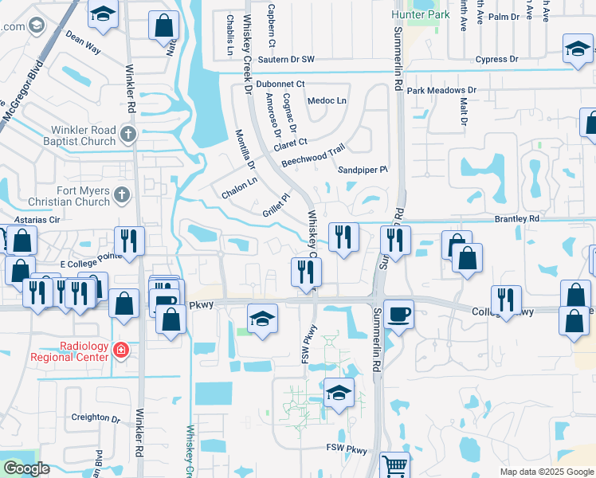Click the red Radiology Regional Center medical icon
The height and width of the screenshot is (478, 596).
pyautogui.click(x=120, y=350)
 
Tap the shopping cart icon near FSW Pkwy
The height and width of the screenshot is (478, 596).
pyautogui.click(x=394, y=464)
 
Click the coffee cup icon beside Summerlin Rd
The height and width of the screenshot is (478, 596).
pyautogui.click(x=398, y=313)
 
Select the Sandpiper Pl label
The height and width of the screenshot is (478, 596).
pyautogui.click(x=363, y=170)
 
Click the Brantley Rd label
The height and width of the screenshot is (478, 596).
pyautogui.click(x=517, y=218)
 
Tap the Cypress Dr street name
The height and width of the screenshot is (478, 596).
pyautogui.click(x=496, y=59)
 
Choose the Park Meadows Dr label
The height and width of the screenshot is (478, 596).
pyautogui.click(x=441, y=91)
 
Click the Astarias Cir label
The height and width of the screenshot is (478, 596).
pyautogui.click(x=39, y=218)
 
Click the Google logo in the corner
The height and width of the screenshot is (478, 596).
pyautogui.click(x=27, y=468)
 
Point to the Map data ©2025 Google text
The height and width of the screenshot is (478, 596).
pyautogui.click(x=546, y=472)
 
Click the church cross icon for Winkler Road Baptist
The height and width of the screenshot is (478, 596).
pyautogui.click(x=127, y=132)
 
